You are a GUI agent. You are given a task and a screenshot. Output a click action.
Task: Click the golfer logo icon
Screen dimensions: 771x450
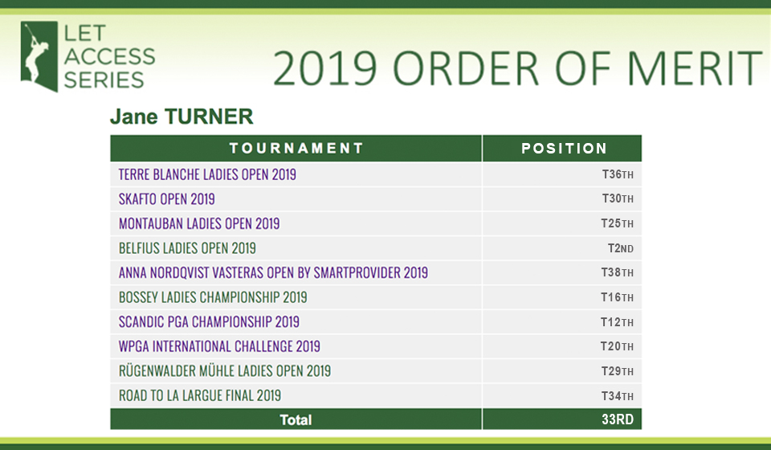(39, 56)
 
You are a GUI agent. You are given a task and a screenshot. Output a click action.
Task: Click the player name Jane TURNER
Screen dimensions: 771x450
(182, 117)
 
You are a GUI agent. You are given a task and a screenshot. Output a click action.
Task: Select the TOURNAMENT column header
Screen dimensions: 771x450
(296, 148)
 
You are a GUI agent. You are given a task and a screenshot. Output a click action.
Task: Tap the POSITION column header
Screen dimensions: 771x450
(564, 148)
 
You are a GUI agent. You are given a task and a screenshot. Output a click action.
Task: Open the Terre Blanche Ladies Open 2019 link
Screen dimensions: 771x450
(207, 174)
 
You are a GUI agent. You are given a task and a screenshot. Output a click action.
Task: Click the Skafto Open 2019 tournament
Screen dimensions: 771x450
(167, 198)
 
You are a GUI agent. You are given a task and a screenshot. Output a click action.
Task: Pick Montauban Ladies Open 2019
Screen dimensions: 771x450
(199, 223)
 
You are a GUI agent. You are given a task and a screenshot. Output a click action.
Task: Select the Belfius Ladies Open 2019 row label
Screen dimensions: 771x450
(187, 247)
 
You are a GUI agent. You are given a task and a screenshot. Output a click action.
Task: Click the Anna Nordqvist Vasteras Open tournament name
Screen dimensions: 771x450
(273, 272)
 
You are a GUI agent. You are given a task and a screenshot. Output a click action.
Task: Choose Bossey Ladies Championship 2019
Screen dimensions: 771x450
(213, 297)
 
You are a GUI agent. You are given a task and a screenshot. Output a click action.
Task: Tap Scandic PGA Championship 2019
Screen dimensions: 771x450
(209, 321)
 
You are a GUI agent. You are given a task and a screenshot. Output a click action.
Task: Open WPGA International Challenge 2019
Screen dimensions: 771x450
(219, 346)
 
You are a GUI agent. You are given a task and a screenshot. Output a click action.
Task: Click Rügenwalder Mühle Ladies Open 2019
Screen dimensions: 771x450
(225, 370)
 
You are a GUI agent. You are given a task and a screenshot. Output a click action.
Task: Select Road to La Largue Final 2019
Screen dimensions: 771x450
(200, 395)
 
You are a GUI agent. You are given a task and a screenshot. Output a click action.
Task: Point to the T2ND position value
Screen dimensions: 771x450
(621, 247)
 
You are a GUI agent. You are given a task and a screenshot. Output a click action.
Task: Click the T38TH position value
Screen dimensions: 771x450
(618, 272)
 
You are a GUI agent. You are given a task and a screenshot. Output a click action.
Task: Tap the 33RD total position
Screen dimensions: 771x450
(618, 419)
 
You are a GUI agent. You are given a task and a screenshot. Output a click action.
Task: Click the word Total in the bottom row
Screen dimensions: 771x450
(296, 419)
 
